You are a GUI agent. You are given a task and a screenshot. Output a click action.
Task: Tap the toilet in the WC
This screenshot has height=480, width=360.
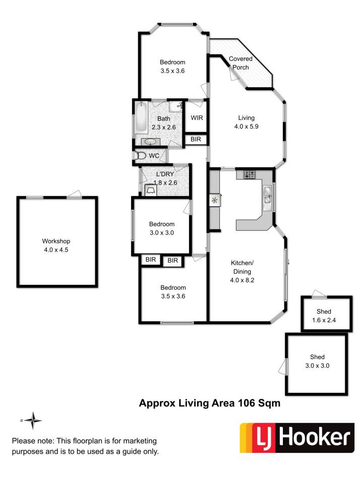pyautogui.click(x=141, y=155)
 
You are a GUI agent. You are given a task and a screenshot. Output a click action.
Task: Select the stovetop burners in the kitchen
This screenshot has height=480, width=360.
pyautogui.click(x=249, y=174)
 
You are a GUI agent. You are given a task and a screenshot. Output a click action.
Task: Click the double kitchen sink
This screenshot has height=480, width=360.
pyautogui.click(x=267, y=195)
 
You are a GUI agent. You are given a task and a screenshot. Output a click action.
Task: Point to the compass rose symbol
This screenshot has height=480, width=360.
pyautogui.click(x=32, y=421)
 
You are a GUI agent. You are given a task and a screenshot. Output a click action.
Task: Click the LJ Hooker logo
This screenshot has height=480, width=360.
pyautogui.click(x=297, y=438)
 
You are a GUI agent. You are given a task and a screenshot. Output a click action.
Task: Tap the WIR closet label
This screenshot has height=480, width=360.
pyautogui.click(x=197, y=118)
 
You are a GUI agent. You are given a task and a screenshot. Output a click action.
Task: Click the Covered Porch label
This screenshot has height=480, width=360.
pyautogui.click(x=241, y=63)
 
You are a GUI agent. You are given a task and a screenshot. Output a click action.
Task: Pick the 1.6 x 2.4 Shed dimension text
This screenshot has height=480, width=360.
pyautogui.click(x=324, y=320)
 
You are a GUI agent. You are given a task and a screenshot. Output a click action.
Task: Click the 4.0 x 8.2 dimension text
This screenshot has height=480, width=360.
pyautogui.click(x=242, y=280)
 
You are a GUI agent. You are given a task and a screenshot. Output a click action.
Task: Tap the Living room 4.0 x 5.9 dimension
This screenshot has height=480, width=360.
pyautogui.click(x=247, y=127)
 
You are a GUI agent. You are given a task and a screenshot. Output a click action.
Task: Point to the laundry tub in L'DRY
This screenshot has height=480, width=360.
pyautogui.click(x=150, y=190)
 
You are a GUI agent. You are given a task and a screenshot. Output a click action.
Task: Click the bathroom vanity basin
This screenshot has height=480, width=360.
pyautogui.click(x=150, y=142)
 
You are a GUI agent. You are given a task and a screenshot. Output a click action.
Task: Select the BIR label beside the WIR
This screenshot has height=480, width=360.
pyautogui.click(x=196, y=139)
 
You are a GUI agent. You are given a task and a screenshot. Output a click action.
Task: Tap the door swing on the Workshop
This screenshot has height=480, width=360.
pyautogui.click(x=75, y=194)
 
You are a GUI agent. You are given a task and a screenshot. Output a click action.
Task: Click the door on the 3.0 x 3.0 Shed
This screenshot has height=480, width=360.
pyautogui.click(x=283, y=367)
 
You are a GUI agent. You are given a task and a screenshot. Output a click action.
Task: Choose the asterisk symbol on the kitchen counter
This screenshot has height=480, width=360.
pyautogui.click(x=214, y=201)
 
